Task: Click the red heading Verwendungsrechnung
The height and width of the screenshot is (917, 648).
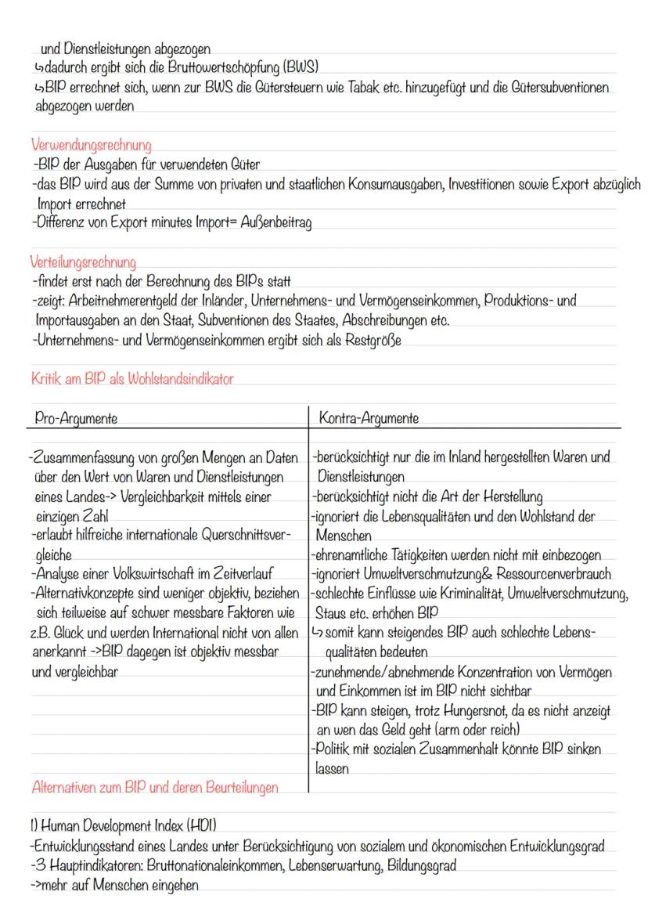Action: pyautogui.click(x=91, y=146)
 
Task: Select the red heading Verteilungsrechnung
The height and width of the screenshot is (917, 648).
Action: pyautogui.click(x=83, y=261)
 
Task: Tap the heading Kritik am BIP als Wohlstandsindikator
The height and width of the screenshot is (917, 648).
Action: pyautogui.click(x=132, y=379)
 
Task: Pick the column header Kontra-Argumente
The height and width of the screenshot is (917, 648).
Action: pyautogui.click(x=369, y=419)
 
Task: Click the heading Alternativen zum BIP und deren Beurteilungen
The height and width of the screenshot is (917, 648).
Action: pyautogui.click(x=154, y=788)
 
